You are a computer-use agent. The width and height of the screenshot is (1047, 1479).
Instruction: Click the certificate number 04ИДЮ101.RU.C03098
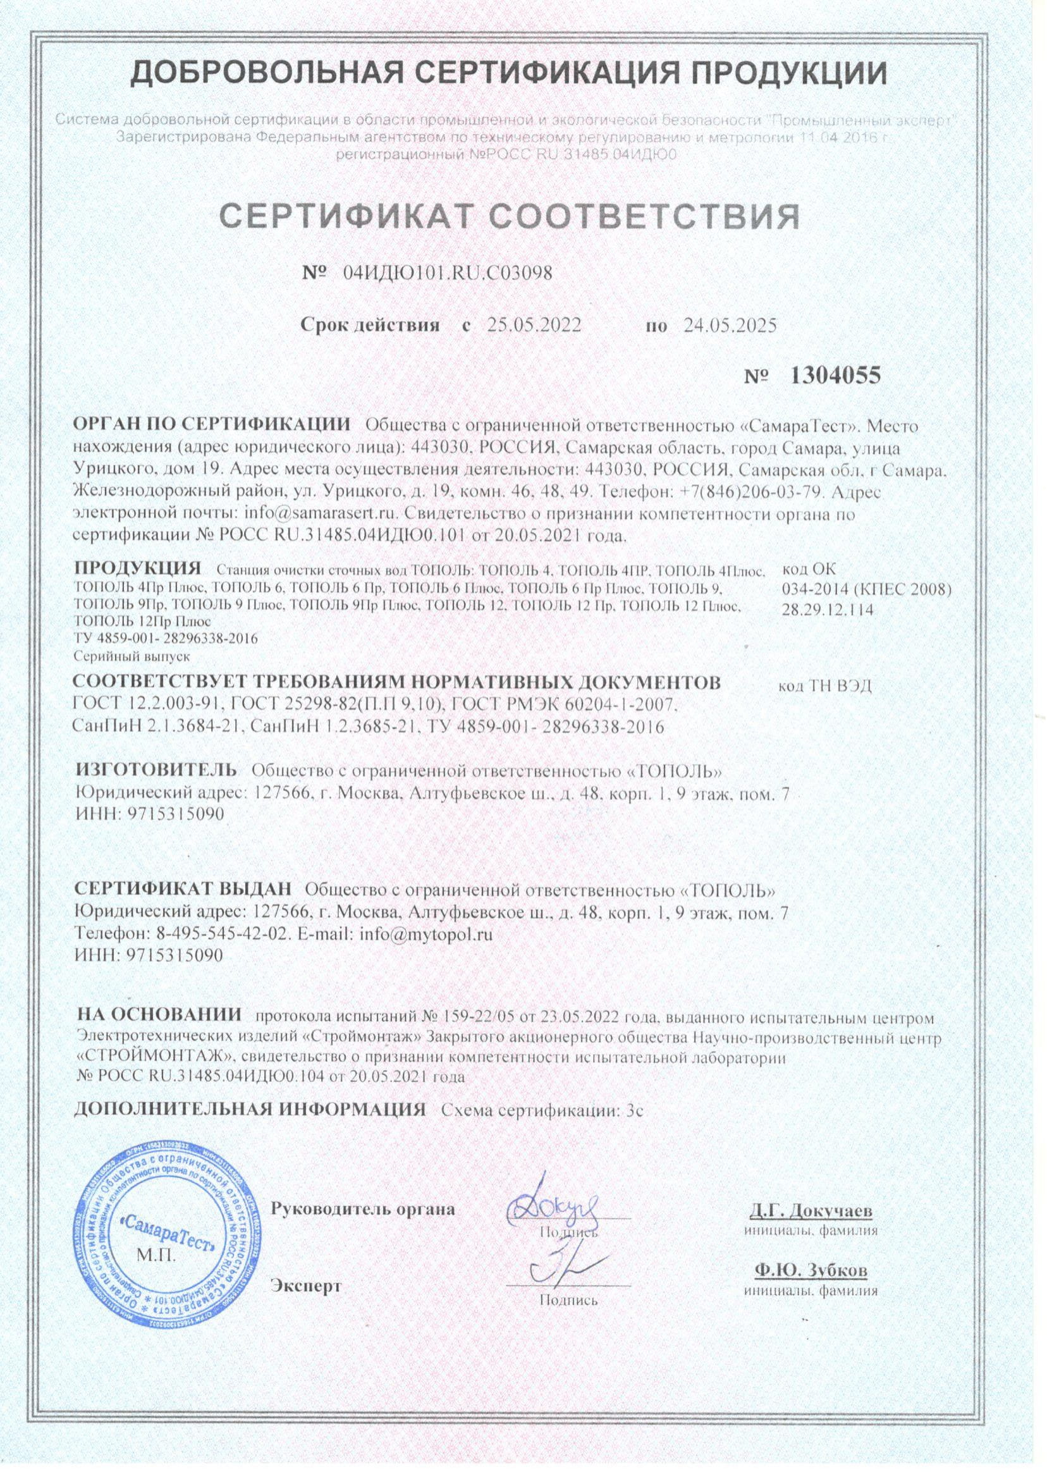point(448,273)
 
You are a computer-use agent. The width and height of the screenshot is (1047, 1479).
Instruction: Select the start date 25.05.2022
point(534,325)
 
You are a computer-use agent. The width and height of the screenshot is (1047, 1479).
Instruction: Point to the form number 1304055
point(835,375)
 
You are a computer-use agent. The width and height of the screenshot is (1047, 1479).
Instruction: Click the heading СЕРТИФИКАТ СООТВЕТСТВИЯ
point(511,218)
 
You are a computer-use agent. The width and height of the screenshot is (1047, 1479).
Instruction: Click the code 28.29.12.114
point(827,610)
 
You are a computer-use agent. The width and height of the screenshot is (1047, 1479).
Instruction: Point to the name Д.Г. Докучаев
point(811,1210)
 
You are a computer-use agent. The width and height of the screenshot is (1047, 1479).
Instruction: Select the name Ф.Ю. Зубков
point(811,1271)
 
